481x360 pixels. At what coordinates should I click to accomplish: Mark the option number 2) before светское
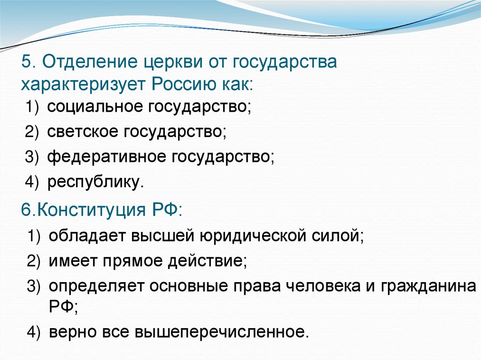click(x=34, y=132)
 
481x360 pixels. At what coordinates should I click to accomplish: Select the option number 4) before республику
click(x=34, y=183)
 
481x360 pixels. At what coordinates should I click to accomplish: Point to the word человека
click(x=336, y=285)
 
